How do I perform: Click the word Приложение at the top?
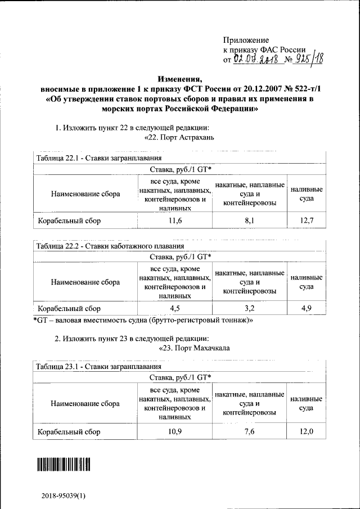[x=246, y=40]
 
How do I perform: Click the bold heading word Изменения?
[x=179, y=79]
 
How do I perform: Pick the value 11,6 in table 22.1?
[x=175, y=221]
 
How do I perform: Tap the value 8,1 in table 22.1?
[x=249, y=221]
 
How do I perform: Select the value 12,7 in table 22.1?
[x=306, y=221]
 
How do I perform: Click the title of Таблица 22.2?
[x=109, y=246]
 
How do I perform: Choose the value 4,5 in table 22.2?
[x=175, y=308]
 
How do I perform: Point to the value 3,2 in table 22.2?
[x=249, y=308]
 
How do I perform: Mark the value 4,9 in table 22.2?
[x=306, y=308]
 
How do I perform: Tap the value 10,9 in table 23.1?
[x=175, y=431]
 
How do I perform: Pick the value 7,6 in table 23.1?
[x=249, y=431]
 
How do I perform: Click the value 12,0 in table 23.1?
[x=306, y=431]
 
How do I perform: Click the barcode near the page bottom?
[x=64, y=464]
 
